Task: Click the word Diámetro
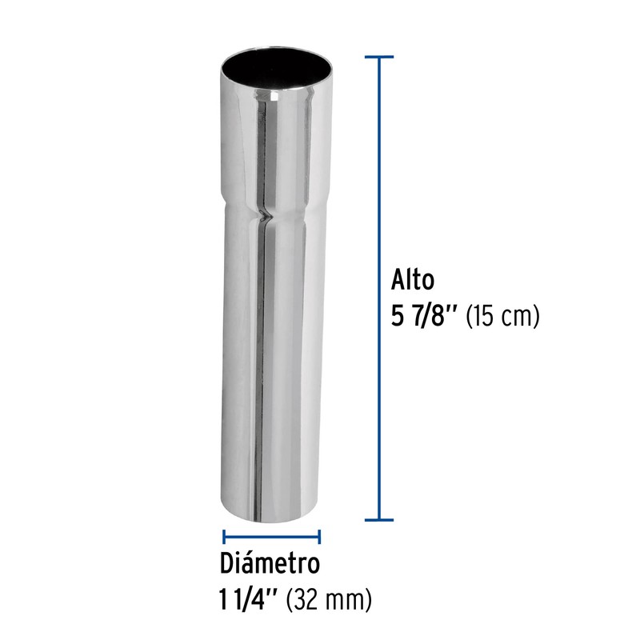click(270, 563)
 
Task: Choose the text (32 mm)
click(329, 598)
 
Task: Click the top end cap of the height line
click(378, 57)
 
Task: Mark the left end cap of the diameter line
click(223, 537)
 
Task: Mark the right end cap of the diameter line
click(320, 537)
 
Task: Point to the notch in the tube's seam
click(264, 214)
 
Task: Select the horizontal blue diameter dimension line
click(272, 537)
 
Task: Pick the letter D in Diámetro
click(228, 563)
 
